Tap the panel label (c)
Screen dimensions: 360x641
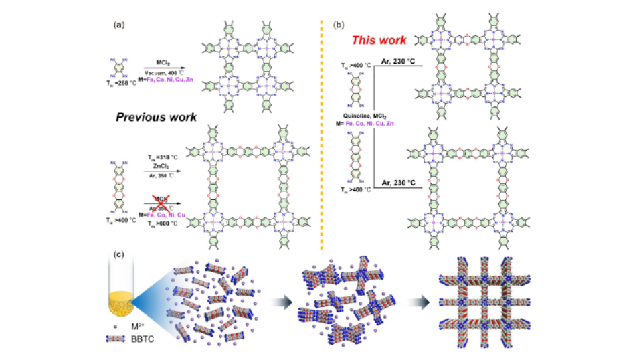(119, 254)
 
